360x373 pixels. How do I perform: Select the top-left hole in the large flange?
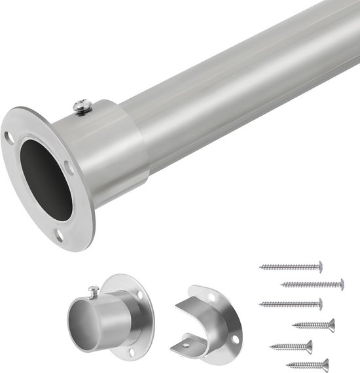(9, 138)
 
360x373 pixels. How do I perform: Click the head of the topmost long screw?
(319, 266)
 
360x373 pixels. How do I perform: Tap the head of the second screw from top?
(341, 284)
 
